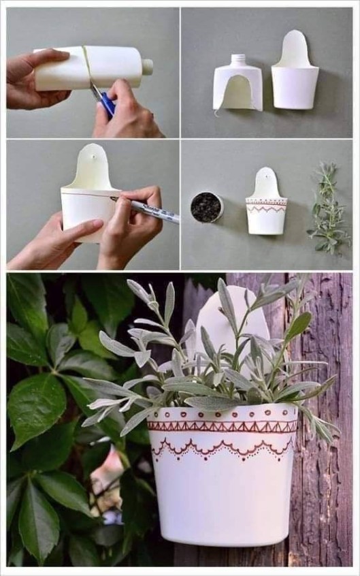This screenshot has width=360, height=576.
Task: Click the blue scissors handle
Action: (106, 103)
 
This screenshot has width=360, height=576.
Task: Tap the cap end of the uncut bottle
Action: (147, 66)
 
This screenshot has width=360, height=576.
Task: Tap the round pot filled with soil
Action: (206, 207)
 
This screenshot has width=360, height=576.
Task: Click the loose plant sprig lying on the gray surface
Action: (329, 209)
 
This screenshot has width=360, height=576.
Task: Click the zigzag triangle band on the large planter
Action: (223, 426)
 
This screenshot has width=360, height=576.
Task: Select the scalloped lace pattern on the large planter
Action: (223, 448)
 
